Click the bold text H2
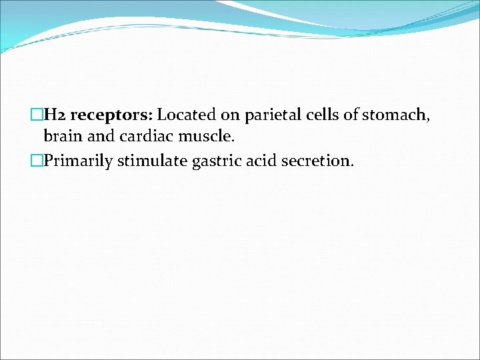[55, 115]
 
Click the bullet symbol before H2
[37, 115]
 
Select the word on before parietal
[230, 115]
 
